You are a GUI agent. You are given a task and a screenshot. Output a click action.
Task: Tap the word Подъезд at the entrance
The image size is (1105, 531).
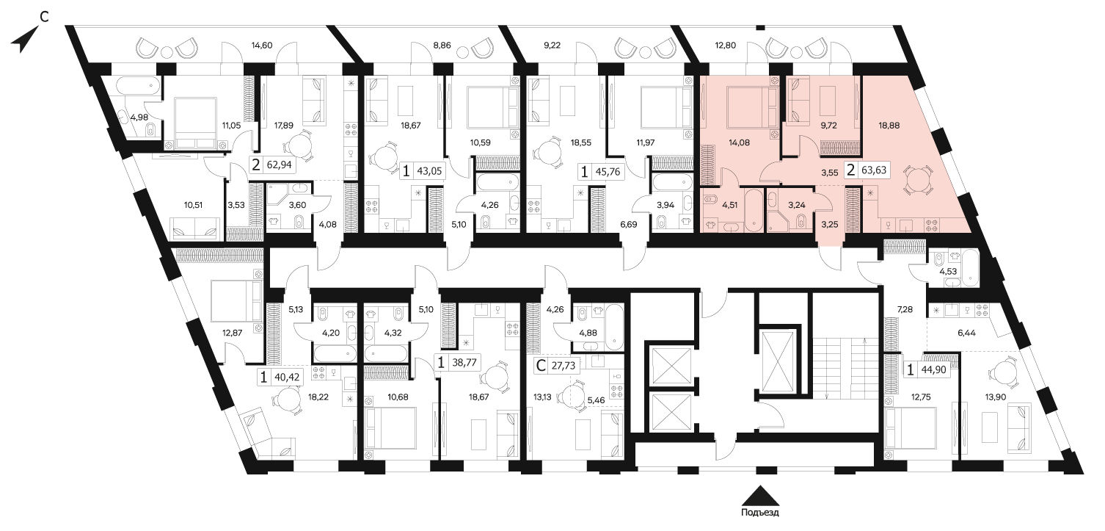tap(760, 512)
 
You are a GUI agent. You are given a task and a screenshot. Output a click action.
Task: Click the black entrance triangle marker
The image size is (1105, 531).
tap(760, 496)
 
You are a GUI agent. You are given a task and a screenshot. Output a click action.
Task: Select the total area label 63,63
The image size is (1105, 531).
tap(874, 170)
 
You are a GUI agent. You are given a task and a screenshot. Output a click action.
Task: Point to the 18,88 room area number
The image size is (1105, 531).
tap(889, 126)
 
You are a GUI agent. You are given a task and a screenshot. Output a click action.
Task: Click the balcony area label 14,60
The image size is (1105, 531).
tap(262, 46)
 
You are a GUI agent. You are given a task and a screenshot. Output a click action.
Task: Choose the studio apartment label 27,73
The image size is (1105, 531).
tap(563, 366)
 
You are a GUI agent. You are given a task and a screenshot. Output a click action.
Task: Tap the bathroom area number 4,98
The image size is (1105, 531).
tap(139, 118)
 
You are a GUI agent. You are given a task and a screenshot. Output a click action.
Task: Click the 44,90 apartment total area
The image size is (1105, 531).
tap(934, 369)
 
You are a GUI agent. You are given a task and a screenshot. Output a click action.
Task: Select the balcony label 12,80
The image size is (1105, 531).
tap(725, 46)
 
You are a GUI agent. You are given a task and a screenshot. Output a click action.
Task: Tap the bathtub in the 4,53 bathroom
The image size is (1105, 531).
tap(970, 267)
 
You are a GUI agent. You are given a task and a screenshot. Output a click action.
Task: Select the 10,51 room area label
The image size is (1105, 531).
tap(194, 204)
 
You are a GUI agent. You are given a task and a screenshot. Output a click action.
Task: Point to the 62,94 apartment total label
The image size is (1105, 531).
tap(280, 165)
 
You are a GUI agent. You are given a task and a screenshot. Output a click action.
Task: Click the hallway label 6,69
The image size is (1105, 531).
tap(629, 224)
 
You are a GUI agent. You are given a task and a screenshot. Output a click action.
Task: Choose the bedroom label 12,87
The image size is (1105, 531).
tap(233, 333)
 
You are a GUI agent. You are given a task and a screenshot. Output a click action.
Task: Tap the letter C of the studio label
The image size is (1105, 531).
tap(541, 366)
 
